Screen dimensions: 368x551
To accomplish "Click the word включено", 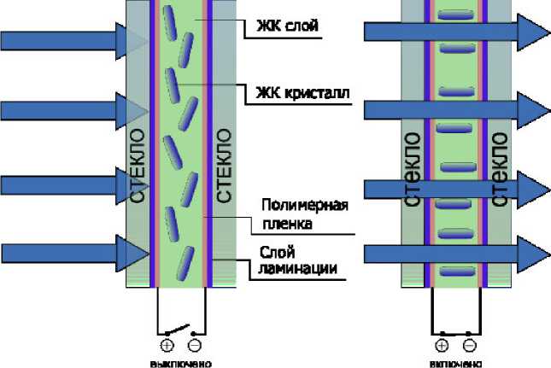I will (x=454, y=362).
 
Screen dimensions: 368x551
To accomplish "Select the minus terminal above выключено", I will (x=196, y=345).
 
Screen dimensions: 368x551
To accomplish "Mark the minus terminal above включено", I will (x=469, y=345).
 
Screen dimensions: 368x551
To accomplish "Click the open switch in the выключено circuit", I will (x=180, y=330).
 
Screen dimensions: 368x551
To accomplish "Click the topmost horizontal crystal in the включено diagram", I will (x=455, y=15).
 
